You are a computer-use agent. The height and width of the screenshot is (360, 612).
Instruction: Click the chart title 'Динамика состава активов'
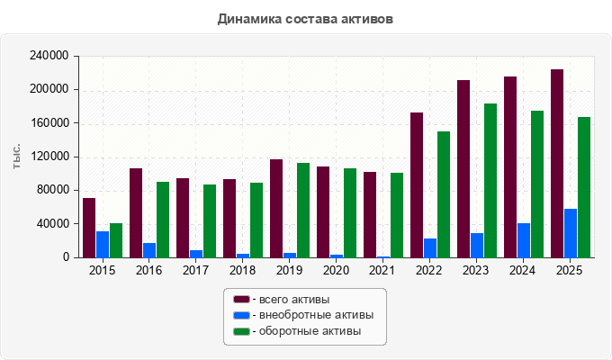[x=305, y=19]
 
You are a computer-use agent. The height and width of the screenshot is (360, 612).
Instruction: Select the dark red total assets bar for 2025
[x=557, y=164]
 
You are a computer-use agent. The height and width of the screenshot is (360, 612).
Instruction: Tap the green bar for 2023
[x=490, y=181]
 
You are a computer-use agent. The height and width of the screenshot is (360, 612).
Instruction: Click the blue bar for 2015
[x=103, y=245]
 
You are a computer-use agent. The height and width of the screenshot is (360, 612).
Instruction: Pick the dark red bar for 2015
[x=89, y=228]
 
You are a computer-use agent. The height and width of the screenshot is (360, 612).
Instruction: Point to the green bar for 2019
[x=303, y=211]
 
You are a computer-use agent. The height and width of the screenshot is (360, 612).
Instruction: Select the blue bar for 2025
[x=571, y=233]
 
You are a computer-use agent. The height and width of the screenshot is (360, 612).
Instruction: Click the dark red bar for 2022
[x=417, y=185]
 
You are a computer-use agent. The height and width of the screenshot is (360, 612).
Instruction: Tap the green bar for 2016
[x=163, y=220]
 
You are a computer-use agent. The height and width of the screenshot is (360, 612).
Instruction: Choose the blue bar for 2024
[x=524, y=240]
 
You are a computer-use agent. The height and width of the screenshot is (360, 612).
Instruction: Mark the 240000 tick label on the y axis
[x=49, y=56]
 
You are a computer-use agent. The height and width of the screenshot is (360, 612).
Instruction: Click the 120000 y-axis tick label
[x=49, y=157]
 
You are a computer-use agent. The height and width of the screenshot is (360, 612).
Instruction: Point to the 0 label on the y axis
[x=66, y=257]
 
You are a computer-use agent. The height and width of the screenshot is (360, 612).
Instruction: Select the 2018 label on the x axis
[x=242, y=270]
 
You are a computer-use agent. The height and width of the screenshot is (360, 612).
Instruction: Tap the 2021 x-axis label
[x=382, y=270]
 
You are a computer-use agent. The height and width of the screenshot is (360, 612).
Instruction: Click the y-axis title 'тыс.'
[x=16, y=157]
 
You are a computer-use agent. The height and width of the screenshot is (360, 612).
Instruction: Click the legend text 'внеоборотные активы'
[x=316, y=315]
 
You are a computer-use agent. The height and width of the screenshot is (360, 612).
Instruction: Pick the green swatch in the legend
[x=241, y=331]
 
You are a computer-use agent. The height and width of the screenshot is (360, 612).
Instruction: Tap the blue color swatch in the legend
[x=241, y=315]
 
